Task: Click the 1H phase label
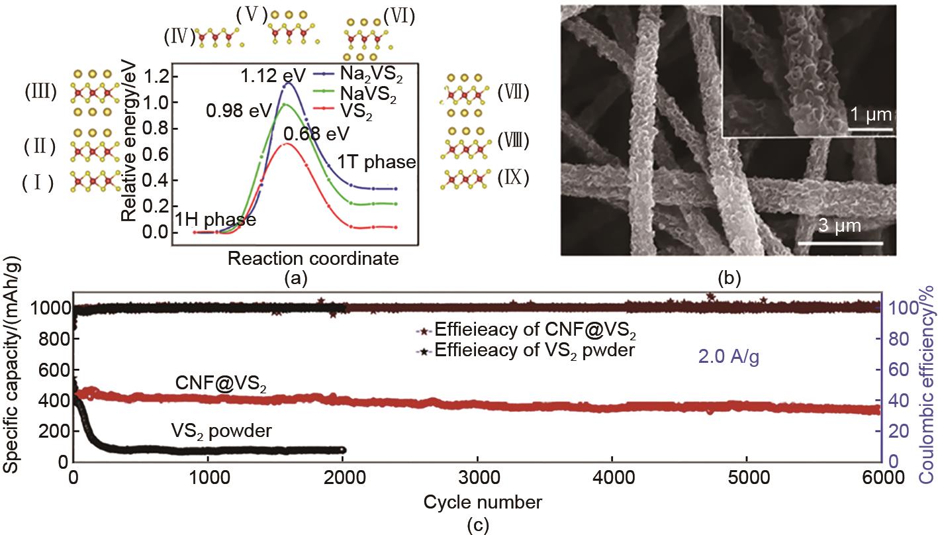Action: pyautogui.click(x=215, y=220)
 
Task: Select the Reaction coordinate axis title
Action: pyautogui.click(x=313, y=258)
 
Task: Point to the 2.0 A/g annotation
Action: pyautogui.click(x=727, y=358)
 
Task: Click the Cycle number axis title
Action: pyautogui.click(x=483, y=501)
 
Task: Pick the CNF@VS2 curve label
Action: pyautogui.click(x=220, y=385)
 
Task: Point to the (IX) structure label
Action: pyautogui.click(x=513, y=179)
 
